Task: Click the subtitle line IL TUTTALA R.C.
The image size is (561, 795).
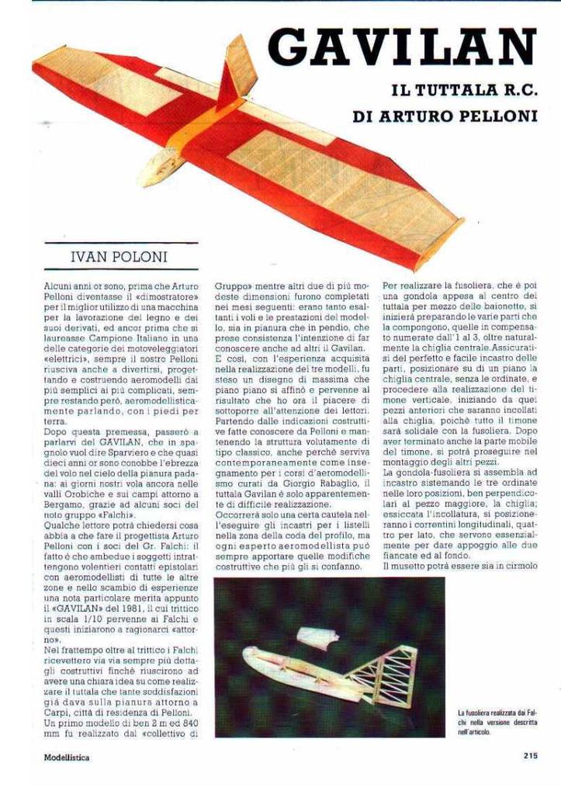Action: (464, 90)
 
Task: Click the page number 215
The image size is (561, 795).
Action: (530, 755)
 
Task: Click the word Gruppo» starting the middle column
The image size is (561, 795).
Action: (234, 286)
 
